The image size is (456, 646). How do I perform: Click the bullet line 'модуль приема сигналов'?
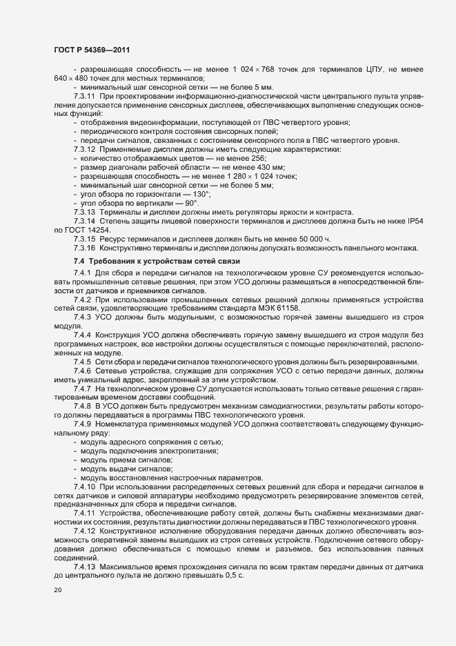pyautogui.click(x=126, y=460)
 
